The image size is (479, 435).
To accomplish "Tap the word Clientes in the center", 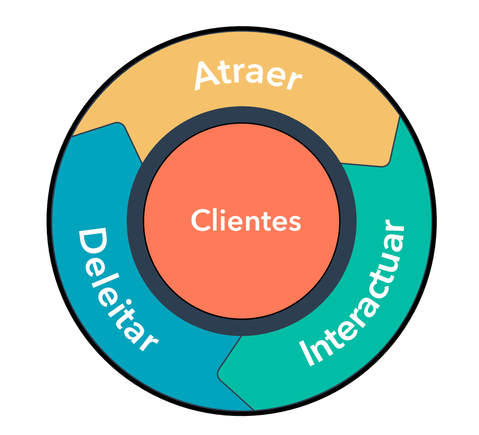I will [246, 220].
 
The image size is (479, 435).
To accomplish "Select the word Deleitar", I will [117, 292].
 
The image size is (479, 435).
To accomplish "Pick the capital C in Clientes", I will [200, 221].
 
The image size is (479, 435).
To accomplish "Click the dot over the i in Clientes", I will [223, 210].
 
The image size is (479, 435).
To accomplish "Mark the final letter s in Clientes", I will [295, 222].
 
